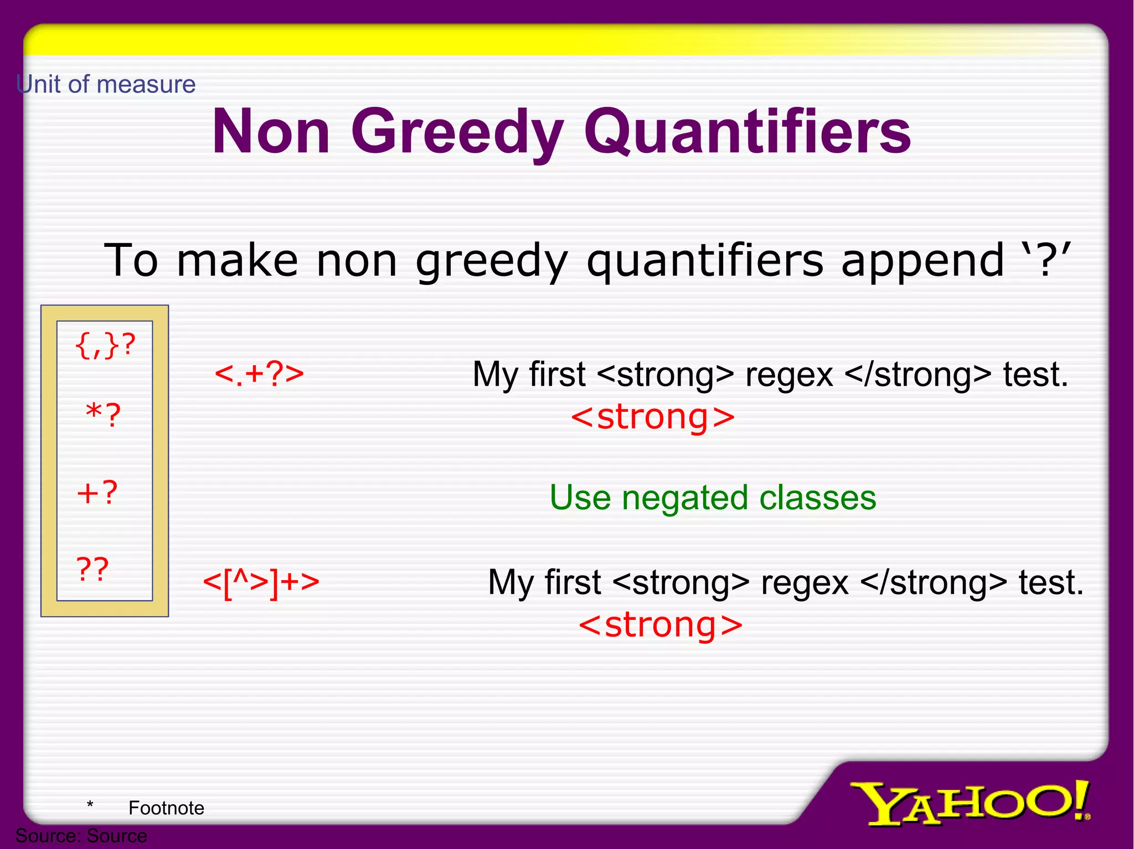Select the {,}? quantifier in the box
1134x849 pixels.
[x=105, y=346]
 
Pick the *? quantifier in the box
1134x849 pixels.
[x=104, y=415]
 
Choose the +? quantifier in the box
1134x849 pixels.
[x=97, y=492]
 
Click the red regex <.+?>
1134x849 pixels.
[x=259, y=374]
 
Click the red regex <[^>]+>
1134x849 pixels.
[x=261, y=582]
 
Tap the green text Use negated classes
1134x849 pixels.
[x=713, y=498]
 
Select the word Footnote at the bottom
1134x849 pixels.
[x=166, y=808]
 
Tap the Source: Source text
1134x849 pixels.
[x=81, y=836]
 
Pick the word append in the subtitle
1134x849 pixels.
[x=922, y=260]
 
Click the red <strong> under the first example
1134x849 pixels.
[x=653, y=417]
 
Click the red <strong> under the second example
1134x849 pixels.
[x=661, y=625]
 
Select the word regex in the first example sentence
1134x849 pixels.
[x=789, y=375]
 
